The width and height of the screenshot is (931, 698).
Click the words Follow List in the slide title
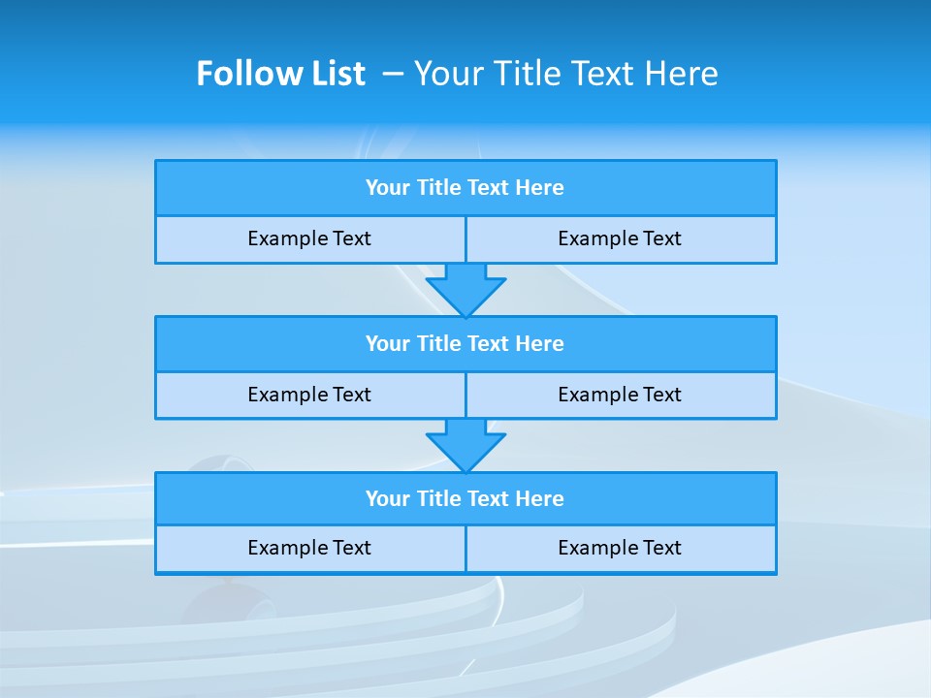(280, 74)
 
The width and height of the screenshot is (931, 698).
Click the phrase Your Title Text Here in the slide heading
(565, 74)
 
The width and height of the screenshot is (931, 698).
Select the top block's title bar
(465, 188)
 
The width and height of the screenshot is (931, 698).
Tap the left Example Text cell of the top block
(309, 238)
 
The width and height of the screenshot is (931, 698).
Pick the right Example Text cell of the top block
(620, 238)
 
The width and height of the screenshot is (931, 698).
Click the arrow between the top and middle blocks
(465, 289)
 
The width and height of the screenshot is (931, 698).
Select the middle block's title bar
(465, 344)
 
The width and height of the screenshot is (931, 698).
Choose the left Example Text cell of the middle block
(309, 395)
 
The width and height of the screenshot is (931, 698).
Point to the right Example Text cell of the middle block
(620, 395)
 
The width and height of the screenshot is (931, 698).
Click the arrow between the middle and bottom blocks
(465, 445)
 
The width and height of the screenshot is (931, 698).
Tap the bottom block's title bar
(465, 499)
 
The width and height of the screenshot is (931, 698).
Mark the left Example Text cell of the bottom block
(309, 548)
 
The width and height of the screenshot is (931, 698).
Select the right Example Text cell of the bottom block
(620, 548)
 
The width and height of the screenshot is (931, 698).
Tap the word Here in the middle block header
(540, 344)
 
